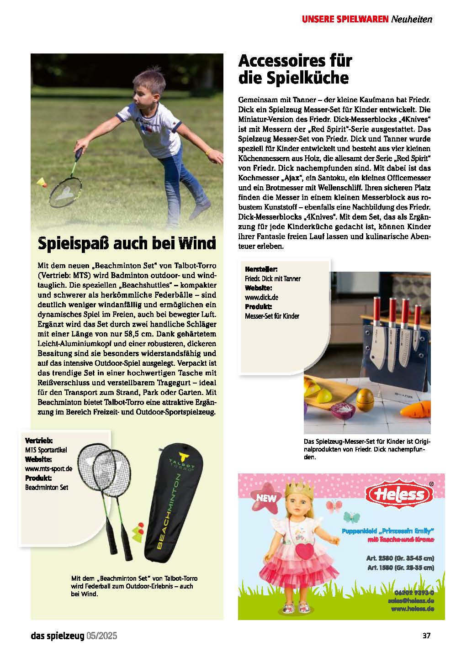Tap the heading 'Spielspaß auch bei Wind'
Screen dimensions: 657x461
coord(126,243)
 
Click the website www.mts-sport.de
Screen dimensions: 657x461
coord(48,468)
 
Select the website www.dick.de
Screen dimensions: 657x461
coord(261,297)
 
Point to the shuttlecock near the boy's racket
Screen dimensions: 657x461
coord(43,183)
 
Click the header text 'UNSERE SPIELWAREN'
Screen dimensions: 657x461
coord(345,19)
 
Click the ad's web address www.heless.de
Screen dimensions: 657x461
coord(412,609)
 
